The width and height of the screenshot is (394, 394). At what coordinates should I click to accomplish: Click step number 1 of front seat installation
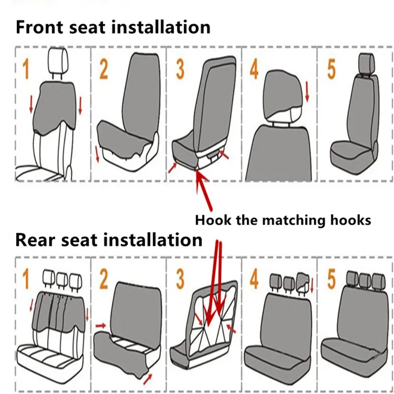coord(25,70)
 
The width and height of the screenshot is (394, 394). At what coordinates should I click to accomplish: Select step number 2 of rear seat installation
coord(103,279)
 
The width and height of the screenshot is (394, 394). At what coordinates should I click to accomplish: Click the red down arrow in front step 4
coord(307,92)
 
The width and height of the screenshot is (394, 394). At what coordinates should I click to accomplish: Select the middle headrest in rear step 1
coord(62,279)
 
